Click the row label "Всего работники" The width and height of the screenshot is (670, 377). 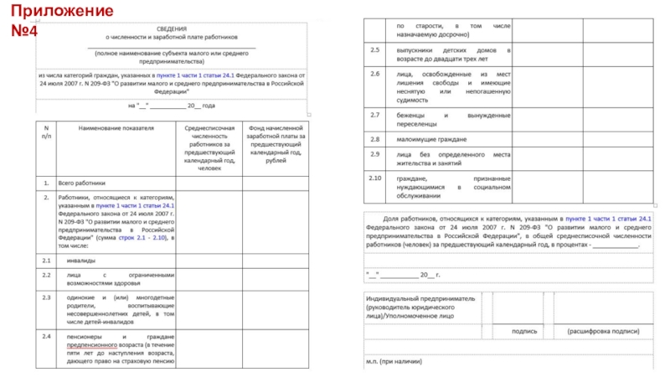82,182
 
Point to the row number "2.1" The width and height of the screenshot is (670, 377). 47,260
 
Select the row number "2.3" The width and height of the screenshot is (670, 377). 47,297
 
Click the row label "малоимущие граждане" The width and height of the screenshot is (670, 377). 432,138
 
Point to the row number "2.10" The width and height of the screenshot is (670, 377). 375,178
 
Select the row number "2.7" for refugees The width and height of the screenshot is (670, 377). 375,115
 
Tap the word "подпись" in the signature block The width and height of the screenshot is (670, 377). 524,332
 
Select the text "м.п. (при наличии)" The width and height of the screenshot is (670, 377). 394,362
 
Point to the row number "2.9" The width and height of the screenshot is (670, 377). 375,154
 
